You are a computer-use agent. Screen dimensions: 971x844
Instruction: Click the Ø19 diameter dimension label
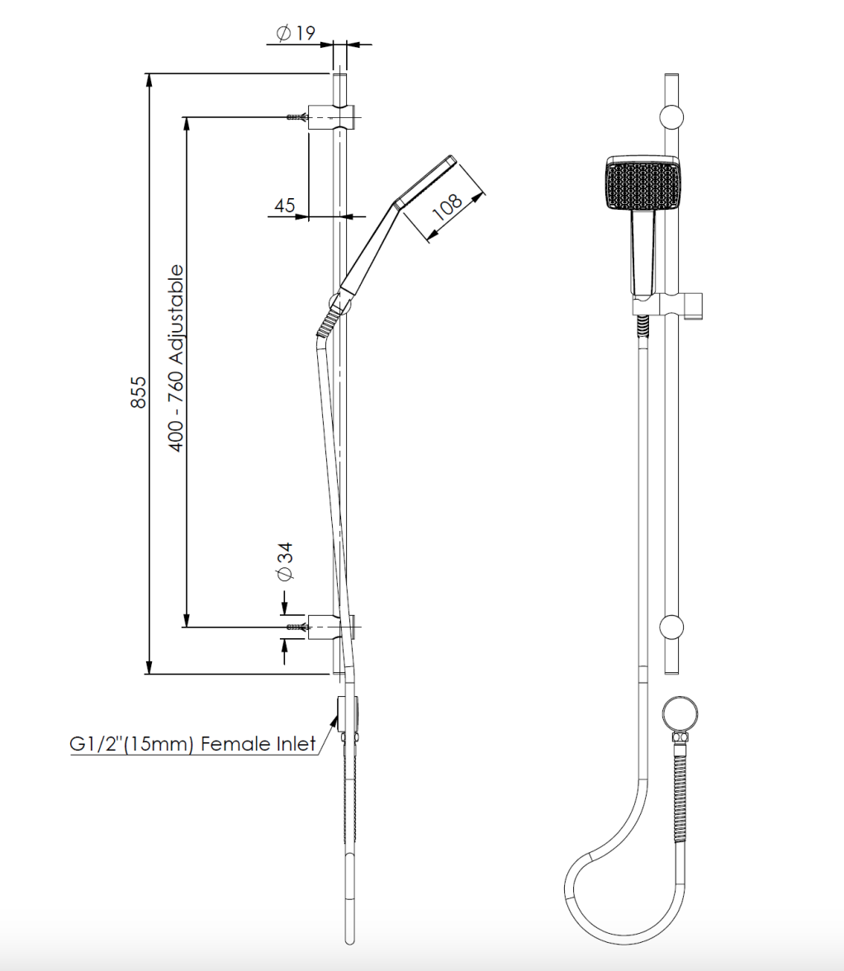click(x=296, y=33)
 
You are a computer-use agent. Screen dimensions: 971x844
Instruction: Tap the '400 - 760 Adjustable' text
click(x=176, y=358)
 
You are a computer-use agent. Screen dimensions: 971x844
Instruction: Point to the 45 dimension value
click(x=285, y=205)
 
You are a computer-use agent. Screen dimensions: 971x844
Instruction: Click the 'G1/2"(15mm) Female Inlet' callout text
click(x=192, y=744)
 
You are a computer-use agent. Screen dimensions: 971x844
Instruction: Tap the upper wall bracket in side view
click(x=333, y=118)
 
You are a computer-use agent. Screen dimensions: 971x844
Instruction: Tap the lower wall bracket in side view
click(x=333, y=628)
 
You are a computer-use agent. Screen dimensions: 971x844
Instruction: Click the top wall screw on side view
click(x=296, y=118)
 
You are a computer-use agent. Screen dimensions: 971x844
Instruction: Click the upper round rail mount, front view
click(x=671, y=116)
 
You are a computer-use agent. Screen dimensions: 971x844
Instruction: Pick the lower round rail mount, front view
click(x=671, y=628)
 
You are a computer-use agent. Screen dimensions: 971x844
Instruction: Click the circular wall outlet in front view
click(x=681, y=712)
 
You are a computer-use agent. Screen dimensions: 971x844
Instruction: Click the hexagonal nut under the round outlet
click(x=681, y=737)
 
